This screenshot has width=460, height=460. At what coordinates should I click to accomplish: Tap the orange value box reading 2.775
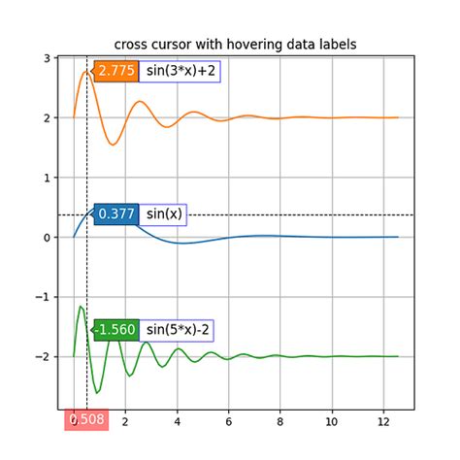point(116,71)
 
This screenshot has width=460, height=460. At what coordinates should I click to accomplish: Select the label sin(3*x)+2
point(181,71)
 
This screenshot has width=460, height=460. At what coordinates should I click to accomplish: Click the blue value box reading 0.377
point(116,214)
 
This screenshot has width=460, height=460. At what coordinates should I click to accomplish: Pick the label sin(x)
point(164,214)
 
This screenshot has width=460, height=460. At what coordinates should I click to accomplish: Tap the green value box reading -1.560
point(116,330)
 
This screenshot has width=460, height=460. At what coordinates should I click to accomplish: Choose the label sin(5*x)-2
point(178,330)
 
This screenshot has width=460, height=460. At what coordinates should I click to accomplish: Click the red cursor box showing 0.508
point(87,420)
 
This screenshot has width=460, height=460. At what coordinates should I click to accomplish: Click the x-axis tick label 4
point(177,421)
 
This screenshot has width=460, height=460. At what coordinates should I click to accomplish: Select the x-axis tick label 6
point(229,421)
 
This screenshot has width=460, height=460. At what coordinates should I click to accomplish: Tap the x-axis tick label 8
point(280,421)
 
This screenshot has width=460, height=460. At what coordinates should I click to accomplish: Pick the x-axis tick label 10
point(332,421)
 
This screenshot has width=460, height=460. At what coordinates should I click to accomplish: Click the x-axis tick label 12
point(383,421)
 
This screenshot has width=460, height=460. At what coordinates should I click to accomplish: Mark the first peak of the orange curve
point(86,71)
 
